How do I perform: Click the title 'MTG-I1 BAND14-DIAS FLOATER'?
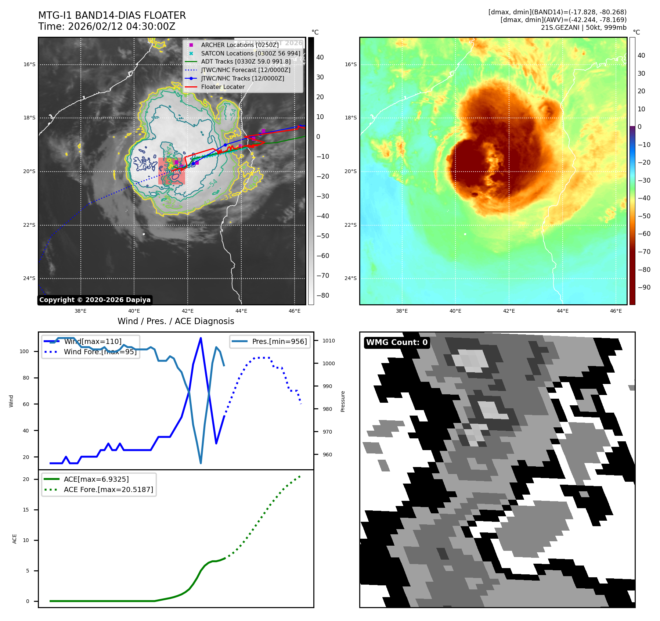click(x=112, y=15)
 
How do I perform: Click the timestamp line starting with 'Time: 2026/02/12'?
click(x=107, y=26)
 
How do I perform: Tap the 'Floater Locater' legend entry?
click(x=223, y=87)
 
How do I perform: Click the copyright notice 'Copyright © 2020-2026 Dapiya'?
click(x=95, y=300)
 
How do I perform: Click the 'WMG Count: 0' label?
click(x=397, y=342)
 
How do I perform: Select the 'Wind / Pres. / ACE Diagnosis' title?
click(x=176, y=321)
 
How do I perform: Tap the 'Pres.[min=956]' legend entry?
click(x=279, y=341)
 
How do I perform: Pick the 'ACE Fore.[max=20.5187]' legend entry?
click(x=108, y=489)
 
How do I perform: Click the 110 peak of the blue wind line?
click(x=201, y=338)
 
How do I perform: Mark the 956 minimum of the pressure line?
click(x=201, y=463)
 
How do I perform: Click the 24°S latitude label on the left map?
click(x=29, y=278)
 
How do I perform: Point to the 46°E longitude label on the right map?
click(x=616, y=311)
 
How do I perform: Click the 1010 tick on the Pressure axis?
click(x=328, y=341)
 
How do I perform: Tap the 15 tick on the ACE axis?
click(x=26, y=510)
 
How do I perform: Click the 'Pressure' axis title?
click(x=343, y=401)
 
